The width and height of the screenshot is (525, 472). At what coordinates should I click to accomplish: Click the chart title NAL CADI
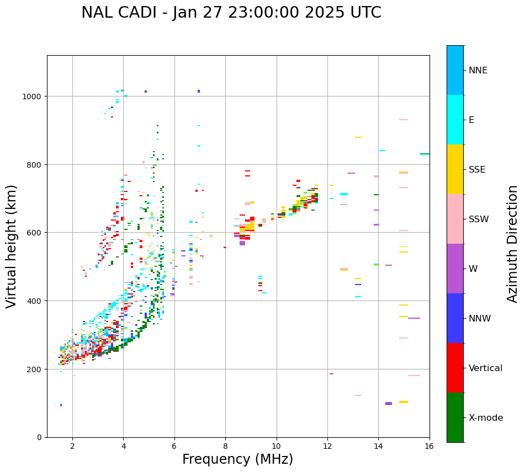point(231,13)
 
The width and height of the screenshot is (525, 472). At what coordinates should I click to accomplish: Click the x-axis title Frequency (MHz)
point(237,459)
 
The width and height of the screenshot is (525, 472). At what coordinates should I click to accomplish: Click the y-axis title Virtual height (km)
point(12,246)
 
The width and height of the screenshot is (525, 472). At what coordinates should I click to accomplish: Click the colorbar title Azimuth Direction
point(513,243)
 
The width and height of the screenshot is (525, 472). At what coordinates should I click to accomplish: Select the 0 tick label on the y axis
point(39,437)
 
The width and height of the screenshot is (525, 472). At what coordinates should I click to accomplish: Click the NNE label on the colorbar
point(478,71)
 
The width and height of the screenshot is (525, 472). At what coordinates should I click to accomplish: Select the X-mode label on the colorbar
point(486,418)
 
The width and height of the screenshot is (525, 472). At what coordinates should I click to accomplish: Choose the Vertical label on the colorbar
point(486,368)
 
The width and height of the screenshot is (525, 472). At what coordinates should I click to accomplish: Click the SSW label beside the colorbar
point(479,219)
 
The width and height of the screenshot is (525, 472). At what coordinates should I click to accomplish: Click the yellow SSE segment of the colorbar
point(455,169)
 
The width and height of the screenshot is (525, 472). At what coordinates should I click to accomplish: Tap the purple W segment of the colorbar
point(455,269)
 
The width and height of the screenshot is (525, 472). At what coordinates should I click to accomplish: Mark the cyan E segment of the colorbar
point(455,120)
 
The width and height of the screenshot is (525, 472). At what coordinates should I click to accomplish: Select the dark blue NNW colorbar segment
point(455,318)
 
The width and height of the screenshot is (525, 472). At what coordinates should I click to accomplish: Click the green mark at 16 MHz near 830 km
point(425,154)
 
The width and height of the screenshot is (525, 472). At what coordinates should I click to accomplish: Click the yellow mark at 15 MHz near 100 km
point(404,402)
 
